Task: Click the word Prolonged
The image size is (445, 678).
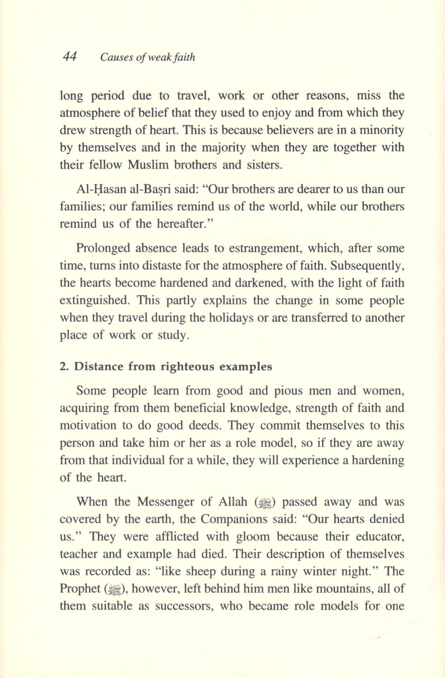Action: [x=103, y=248]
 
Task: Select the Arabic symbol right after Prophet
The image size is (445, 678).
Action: [x=113, y=589]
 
